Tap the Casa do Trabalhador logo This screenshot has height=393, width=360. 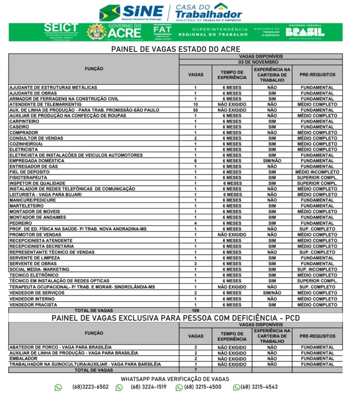[207, 12]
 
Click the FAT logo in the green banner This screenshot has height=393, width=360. [163, 32]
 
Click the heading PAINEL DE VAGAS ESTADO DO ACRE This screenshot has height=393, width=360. [176, 49]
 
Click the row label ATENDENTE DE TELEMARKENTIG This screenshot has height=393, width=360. [46, 104]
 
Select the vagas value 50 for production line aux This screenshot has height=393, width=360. [196, 110]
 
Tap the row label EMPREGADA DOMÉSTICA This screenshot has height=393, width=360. [37, 161]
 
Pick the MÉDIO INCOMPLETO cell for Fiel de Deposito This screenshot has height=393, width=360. [317, 172]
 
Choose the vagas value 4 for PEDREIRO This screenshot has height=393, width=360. [196, 223]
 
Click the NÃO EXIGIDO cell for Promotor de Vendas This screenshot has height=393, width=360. [232, 234]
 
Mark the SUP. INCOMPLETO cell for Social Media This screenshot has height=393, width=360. [317, 269]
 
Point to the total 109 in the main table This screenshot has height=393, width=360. [196, 310]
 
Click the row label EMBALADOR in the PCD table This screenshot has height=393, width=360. [23, 358]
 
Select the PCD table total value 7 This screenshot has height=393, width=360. [196, 370]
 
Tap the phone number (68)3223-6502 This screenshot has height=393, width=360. [90, 387]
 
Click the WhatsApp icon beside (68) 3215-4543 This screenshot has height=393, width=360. [237, 387]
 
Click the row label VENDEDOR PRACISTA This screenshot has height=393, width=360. [33, 305]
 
